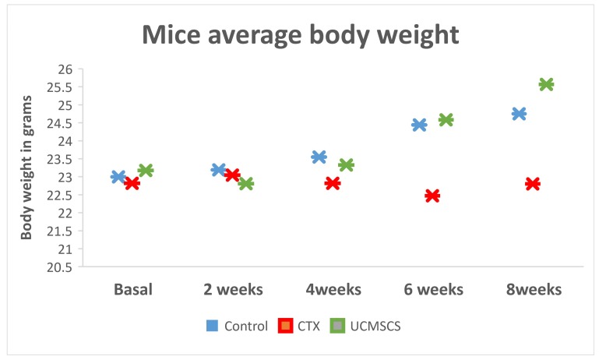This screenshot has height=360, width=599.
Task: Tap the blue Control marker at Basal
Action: pos(118,177)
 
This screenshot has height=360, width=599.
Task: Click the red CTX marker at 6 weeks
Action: pos(432,196)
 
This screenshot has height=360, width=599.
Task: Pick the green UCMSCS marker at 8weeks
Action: pos(546,84)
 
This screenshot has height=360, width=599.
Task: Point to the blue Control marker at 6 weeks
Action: pos(419,125)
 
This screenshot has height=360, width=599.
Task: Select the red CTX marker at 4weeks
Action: pos(333,183)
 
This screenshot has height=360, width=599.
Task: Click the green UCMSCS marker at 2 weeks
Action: pos(246,184)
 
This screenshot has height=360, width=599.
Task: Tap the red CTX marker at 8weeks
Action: pos(533,184)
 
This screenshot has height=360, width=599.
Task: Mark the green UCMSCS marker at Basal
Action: pos(146,170)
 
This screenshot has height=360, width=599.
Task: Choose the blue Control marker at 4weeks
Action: pos(319,157)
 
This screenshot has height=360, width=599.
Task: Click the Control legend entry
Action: pos(237,326)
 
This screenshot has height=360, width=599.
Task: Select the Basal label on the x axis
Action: pos(132,290)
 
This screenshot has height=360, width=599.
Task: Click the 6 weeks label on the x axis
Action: pos(432,290)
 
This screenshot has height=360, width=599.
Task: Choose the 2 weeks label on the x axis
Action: pos(232,290)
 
